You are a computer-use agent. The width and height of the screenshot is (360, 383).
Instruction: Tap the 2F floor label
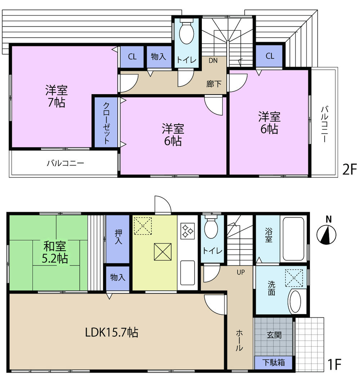coord(348,169)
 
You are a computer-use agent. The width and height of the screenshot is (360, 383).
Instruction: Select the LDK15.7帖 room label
coord(111,332)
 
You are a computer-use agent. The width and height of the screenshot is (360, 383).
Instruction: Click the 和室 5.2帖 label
coord(55,253)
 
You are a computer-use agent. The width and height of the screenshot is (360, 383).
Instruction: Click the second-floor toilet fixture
coord(186,34)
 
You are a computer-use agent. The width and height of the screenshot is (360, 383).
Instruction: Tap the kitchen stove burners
coord(187,231)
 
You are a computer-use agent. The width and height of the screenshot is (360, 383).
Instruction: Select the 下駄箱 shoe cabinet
coord(273,362)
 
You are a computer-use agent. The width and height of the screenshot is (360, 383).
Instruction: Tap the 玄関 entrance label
coord(274,335)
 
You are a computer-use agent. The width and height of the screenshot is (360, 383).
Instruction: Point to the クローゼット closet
coord(106,123)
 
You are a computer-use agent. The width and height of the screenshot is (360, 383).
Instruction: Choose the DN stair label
coord(213,61)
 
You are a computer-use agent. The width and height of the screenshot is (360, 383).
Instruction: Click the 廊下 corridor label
coord(214,84)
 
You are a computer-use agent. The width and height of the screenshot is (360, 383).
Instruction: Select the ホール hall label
coord(240,341)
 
